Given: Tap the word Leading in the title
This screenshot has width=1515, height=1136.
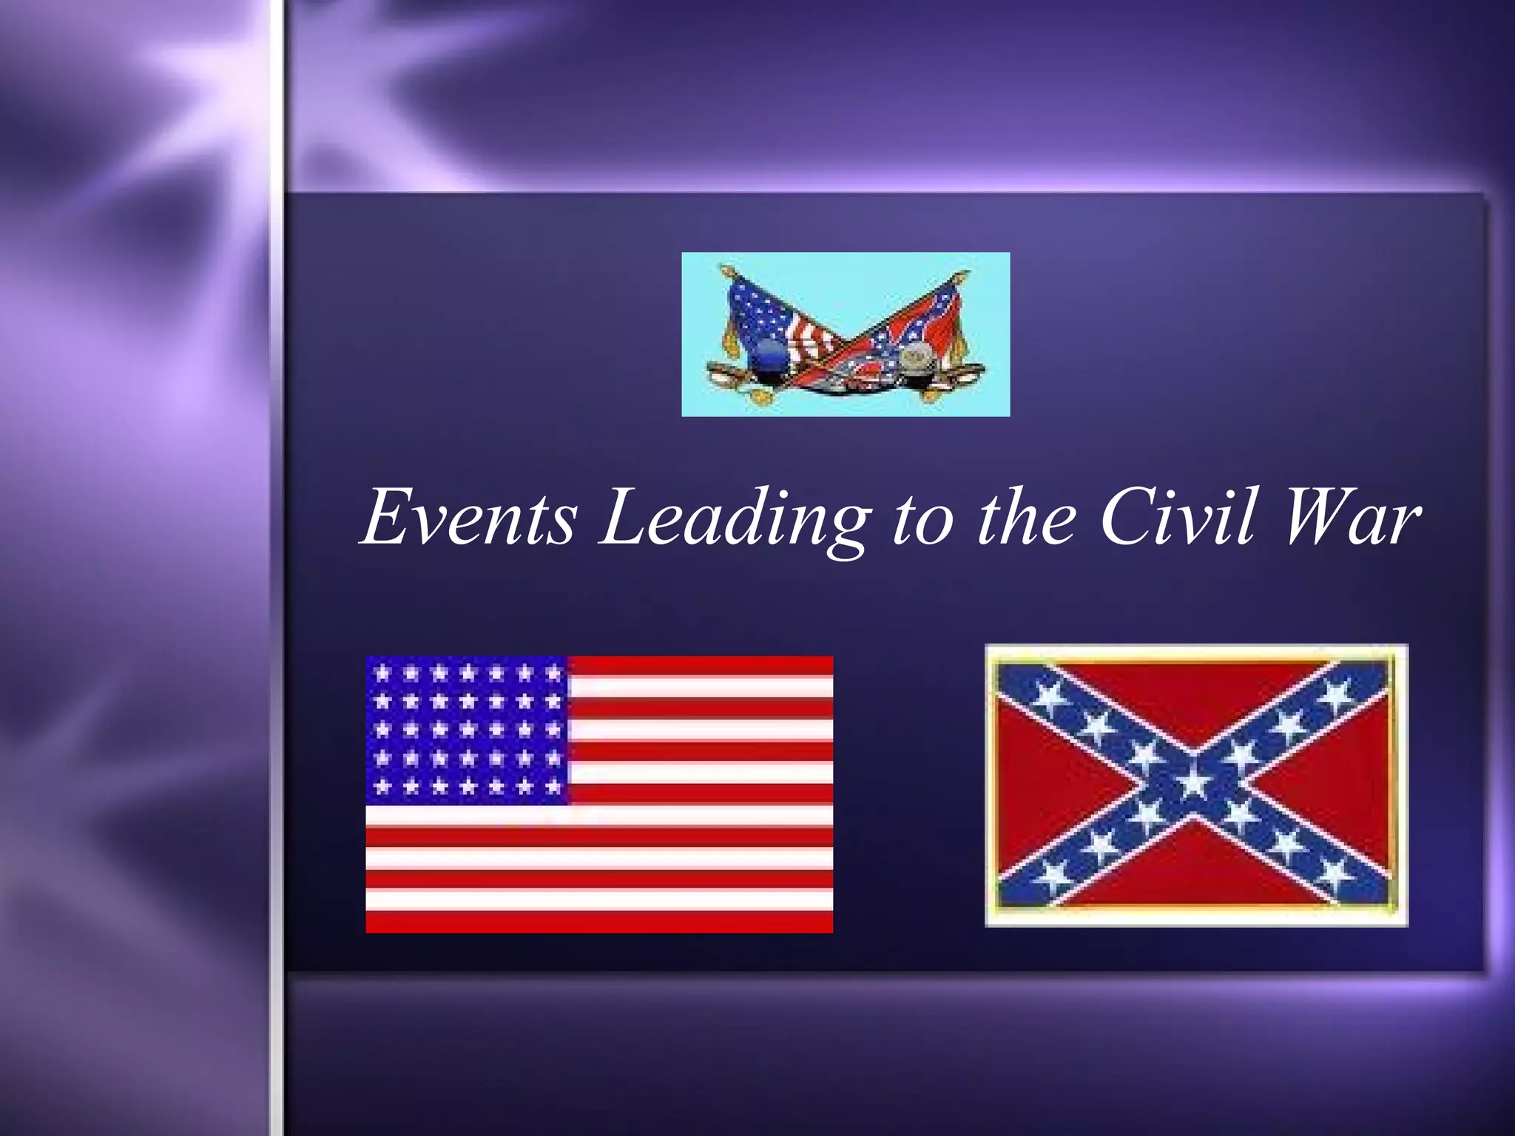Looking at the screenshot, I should tap(732, 518).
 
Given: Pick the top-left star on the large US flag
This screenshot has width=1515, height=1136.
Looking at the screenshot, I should tap(382, 673).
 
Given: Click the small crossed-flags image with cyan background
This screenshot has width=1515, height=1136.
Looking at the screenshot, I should tap(846, 334).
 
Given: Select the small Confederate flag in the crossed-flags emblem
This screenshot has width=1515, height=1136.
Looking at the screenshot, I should tap(910, 333).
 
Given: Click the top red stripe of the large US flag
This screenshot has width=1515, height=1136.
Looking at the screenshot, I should tap(699, 665).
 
